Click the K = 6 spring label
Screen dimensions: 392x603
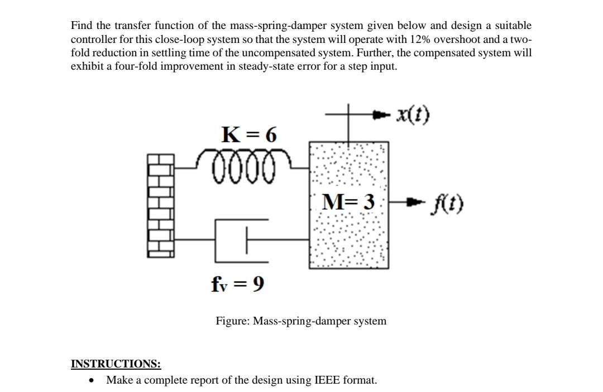249,134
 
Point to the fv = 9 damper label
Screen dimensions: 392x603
238,284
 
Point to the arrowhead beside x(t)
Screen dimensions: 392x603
380,115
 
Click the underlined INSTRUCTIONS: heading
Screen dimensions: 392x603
116,364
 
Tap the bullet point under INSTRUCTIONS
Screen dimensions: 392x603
92,380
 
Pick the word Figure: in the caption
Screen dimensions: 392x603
233,321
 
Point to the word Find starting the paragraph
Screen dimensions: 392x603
82,26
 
